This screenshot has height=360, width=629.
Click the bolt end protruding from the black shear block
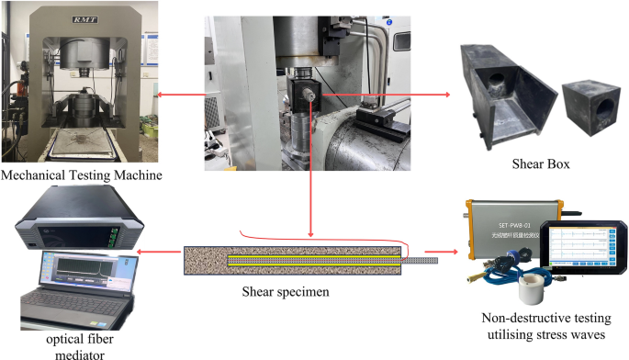[x=315, y=92]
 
